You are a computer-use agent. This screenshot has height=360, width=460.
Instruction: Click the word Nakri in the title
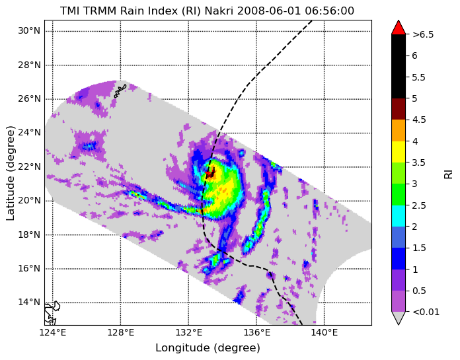[219, 11]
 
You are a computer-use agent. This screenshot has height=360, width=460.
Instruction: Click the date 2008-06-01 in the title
[269, 11]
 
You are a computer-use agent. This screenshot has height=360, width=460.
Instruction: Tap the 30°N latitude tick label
[29, 31]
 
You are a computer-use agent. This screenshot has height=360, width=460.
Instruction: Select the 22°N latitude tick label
[29, 166]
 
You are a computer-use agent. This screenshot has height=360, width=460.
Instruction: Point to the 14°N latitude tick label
[29, 303]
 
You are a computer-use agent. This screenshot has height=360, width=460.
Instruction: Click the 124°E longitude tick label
[53, 333]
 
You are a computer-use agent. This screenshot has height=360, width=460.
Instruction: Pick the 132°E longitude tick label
[188, 333]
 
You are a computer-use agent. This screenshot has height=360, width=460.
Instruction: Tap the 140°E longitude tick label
[324, 333]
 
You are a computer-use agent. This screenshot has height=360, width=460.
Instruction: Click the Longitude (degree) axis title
[208, 348]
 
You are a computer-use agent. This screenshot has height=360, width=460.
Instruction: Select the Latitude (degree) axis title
[10, 173]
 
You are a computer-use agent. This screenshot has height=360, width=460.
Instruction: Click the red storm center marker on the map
[210, 173]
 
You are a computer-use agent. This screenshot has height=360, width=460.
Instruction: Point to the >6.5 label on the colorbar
[423, 34]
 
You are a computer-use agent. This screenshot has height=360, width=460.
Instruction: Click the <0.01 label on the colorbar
[426, 312]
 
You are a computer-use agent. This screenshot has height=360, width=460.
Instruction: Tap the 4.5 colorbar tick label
[419, 120]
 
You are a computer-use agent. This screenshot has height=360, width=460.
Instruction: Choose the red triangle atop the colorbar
[399, 27]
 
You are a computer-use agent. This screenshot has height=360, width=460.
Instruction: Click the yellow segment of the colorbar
[399, 152]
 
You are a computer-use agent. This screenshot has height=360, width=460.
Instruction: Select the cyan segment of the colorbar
[399, 216]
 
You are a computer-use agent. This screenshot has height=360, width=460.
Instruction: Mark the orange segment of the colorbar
[399, 130]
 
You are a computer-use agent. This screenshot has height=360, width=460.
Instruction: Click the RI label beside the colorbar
[449, 172]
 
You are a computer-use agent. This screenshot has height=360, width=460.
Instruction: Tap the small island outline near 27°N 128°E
[120, 91]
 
